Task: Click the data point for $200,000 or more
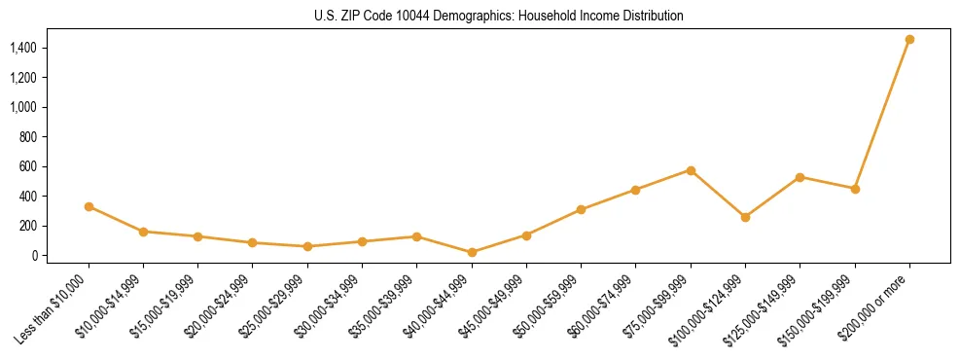[x=909, y=40]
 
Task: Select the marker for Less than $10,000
[x=89, y=206]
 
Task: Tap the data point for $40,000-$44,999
[x=472, y=252]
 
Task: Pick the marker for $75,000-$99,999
[x=691, y=170]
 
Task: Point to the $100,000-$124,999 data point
[x=745, y=217]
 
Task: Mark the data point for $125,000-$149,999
[x=800, y=177]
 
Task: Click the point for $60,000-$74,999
[x=635, y=190]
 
